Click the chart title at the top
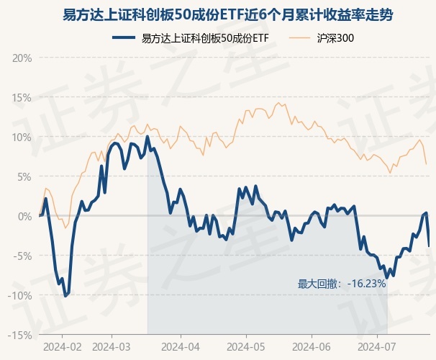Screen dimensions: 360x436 [218, 14]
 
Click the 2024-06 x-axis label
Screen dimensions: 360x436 [313, 346]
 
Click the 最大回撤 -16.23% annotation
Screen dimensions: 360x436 [342, 284]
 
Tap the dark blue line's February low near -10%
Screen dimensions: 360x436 [65, 295]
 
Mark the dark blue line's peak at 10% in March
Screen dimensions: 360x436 [147, 137]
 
